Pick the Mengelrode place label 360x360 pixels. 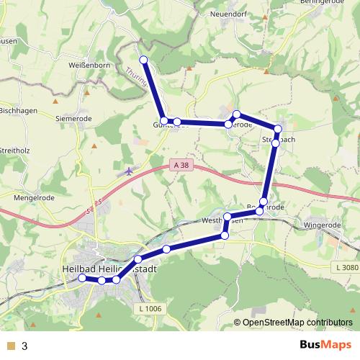point(35,195)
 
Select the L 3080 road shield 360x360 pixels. point(345,268)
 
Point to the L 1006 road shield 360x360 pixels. point(149,308)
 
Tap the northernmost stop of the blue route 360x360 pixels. point(143,59)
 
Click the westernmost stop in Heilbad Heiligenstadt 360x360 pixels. point(82,277)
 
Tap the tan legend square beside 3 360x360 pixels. point(11,346)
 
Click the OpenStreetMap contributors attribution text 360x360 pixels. point(296,322)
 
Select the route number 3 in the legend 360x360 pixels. point(24,346)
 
